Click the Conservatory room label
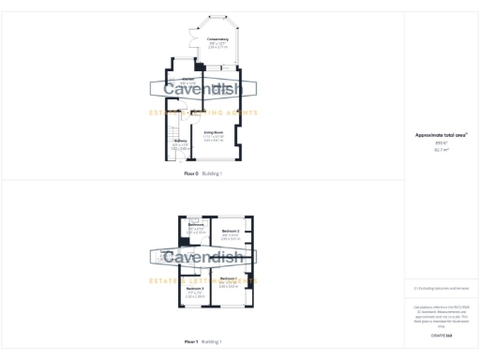(x=217, y=38)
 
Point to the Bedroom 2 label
(x=231, y=230)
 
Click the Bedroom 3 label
(x=194, y=288)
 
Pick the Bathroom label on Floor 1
(x=196, y=225)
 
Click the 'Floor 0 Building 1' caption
(x=203, y=173)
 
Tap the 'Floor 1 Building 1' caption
(x=203, y=341)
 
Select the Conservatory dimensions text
(x=217, y=44)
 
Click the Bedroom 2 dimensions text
(x=231, y=235)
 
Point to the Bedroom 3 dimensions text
(x=194, y=293)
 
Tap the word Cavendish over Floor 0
(x=203, y=90)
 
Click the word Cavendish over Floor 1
(x=203, y=257)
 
